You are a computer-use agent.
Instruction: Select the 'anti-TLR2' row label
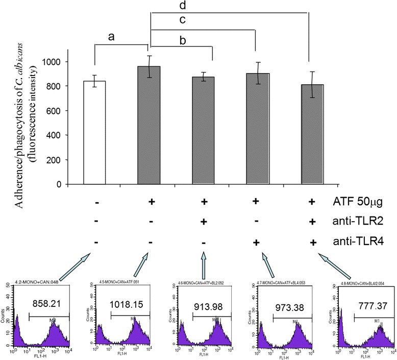362,221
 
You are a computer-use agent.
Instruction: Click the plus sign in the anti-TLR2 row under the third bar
204,221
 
